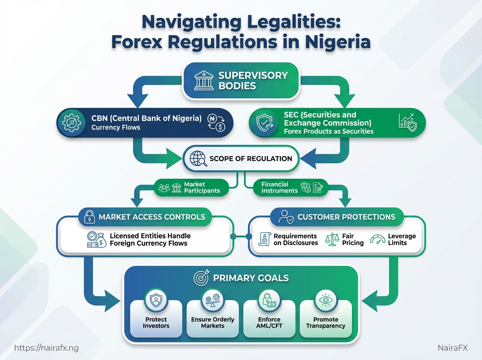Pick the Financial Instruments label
[275, 188]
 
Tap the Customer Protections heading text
[346, 217]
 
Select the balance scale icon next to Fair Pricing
[332, 239]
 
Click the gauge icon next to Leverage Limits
[377, 239]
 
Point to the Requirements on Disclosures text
[295, 239]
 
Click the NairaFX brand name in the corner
[453, 348]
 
